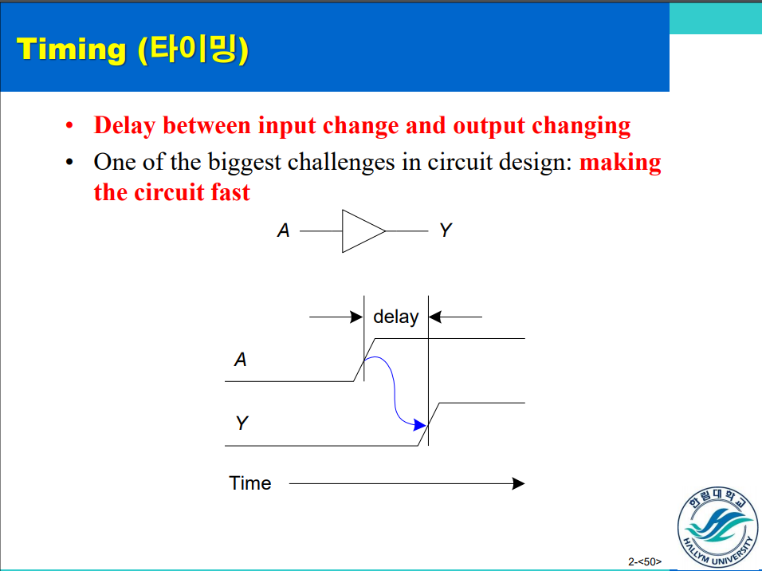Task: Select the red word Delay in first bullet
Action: point(124,126)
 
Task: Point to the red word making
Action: point(620,163)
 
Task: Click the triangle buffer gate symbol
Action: point(360,231)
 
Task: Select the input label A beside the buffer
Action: point(283,231)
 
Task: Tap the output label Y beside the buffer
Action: point(445,231)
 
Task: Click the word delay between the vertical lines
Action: point(395,317)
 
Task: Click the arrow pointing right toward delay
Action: point(336,317)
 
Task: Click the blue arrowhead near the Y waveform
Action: point(420,425)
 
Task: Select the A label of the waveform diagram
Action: point(240,360)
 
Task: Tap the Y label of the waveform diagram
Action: point(241,423)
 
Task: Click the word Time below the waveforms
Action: point(250,483)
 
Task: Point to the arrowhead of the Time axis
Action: point(518,483)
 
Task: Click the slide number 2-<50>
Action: point(645,561)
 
